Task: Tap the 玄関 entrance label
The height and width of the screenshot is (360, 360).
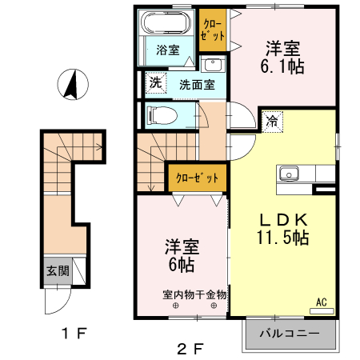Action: tap(57, 271)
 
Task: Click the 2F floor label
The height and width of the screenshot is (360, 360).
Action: tap(190, 348)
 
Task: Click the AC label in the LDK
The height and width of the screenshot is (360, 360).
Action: tap(322, 302)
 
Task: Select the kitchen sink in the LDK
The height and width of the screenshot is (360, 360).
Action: tap(287, 174)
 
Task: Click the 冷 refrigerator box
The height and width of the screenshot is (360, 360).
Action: tap(273, 122)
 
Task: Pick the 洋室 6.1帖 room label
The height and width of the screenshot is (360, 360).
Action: tap(281, 58)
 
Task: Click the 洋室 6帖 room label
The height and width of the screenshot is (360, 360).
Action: tap(181, 254)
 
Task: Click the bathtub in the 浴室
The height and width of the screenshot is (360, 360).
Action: tap(161, 25)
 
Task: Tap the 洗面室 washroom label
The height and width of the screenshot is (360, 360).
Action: tap(196, 83)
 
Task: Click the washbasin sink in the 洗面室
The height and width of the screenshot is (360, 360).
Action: tap(212, 65)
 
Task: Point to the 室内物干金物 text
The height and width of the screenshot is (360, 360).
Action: tap(195, 294)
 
